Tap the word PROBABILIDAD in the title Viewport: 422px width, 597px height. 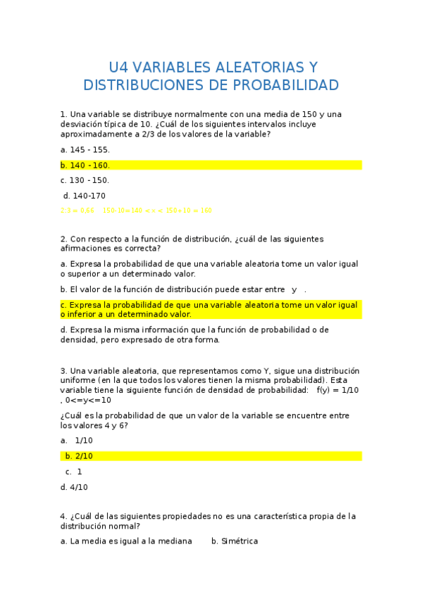[x=283, y=85]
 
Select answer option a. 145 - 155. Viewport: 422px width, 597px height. [x=85, y=150]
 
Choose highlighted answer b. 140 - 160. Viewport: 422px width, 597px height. [x=85, y=165]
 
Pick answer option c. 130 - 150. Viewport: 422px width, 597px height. [x=85, y=180]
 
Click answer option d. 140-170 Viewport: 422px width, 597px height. [x=85, y=196]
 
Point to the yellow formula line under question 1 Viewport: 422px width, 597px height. [x=136, y=210]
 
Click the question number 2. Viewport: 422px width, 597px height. [x=63, y=239]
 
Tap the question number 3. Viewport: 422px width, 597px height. [x=63, y=371]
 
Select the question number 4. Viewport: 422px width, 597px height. [x=63, y=516]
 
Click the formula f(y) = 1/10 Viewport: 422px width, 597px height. [x=337, y=390]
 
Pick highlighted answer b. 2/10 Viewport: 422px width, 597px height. [x=79, y=456]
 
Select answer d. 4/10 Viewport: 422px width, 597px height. [x=74, y=487]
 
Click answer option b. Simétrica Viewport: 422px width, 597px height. [x=235, y=541]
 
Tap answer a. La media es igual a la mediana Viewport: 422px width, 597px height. [x=126, y=541]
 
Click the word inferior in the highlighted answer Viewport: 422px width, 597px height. [x=84, y=315]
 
